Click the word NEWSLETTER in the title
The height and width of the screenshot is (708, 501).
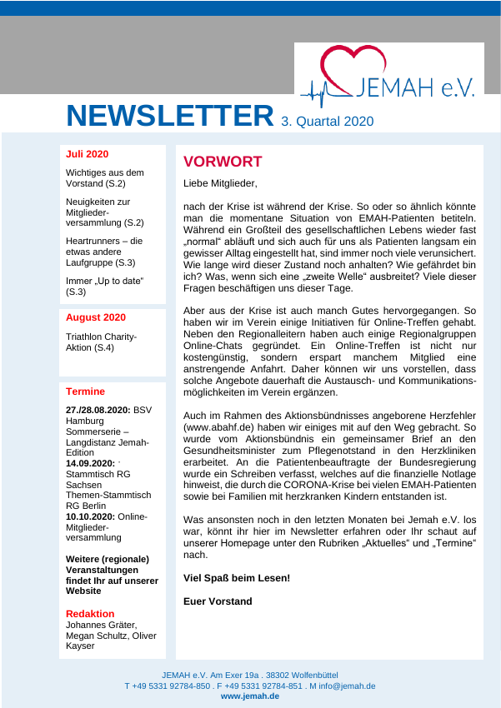point(170,116)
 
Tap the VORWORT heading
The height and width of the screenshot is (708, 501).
point(223,162)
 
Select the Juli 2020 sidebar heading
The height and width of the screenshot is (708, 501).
point(87,154)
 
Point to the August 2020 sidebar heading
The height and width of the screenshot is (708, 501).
point(96,317)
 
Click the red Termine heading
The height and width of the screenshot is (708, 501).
point(85,391)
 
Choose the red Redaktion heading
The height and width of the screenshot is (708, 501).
point(90,614)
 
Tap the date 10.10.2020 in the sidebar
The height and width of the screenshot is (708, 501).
point(90,516)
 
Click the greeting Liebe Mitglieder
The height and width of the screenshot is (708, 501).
point(220,182)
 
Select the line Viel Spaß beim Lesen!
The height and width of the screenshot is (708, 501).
point(237,577)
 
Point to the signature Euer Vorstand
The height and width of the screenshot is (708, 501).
point(218,601)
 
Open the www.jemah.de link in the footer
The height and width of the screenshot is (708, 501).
point(250,696)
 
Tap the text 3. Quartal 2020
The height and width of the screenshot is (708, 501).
point(327,122)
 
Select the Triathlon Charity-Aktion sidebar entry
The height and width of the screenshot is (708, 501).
point(101,342)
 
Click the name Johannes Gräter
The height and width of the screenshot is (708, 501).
point(101,625)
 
